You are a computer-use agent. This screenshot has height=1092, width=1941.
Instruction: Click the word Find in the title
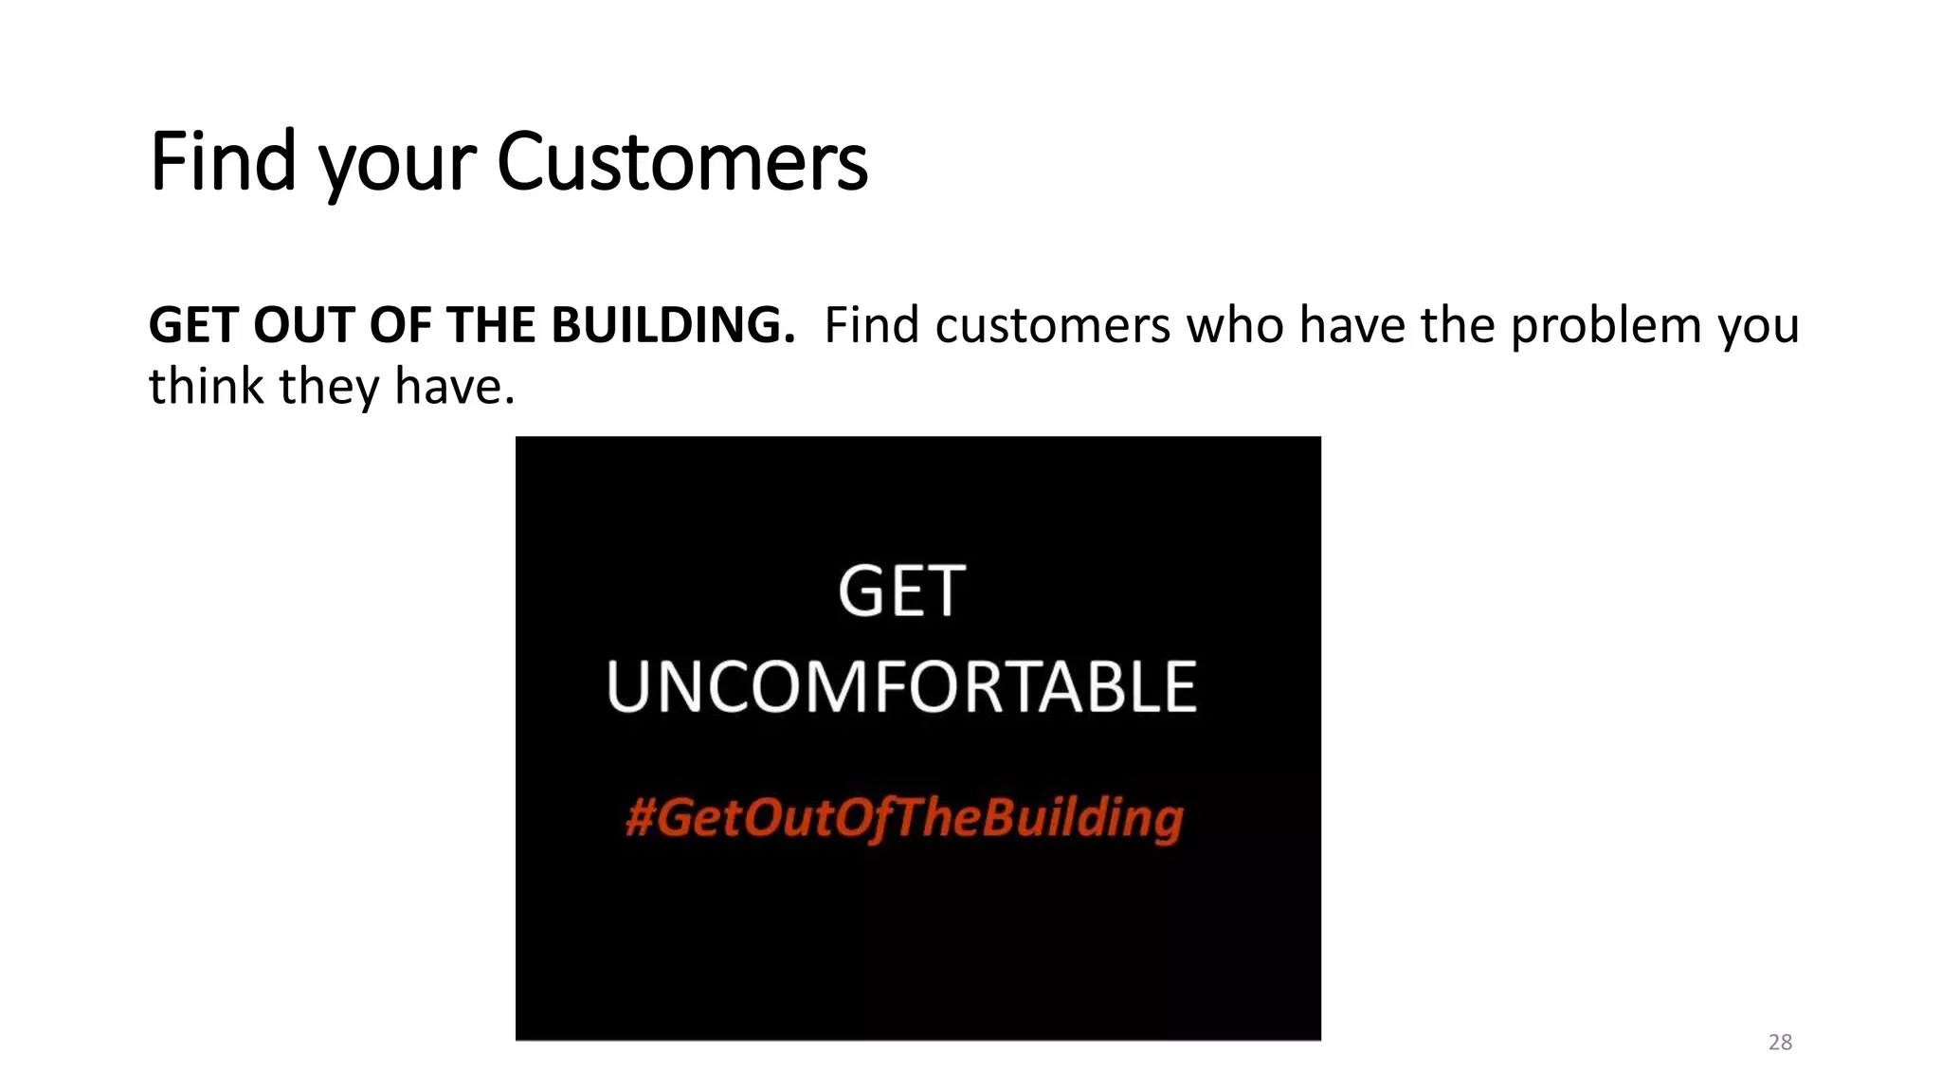(223, 161)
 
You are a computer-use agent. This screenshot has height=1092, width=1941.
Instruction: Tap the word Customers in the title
(681, 161)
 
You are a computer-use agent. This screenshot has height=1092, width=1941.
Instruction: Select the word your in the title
(397, 166)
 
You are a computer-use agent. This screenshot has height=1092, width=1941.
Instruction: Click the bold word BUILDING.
(673, 325)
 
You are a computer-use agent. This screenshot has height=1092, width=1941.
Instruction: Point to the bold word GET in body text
(192, 325)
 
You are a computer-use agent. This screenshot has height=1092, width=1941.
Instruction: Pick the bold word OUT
(302, 325)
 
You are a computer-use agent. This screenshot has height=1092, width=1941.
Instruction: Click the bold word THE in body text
(490, 325)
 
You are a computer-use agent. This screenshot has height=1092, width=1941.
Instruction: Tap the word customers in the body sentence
(1053, 325)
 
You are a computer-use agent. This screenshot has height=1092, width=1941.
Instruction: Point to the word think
(206, 386)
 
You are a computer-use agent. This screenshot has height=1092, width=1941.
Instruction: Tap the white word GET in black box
(901, 591)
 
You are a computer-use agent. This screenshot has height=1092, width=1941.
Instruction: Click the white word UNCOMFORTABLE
(901, 686)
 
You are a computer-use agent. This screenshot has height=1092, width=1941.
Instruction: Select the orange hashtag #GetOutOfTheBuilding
(904, 817)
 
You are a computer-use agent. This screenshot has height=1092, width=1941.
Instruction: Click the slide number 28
(1780, 1043)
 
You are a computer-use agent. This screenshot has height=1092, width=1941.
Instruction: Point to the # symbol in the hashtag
(640, 817)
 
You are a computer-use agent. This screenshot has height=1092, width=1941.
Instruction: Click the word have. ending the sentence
(455, 387)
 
